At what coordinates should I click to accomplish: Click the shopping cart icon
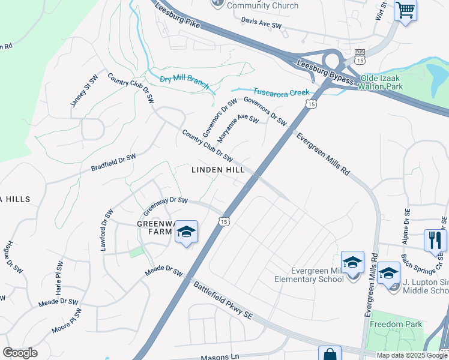click(406, 10)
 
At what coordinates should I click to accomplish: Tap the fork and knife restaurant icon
click(435, 240)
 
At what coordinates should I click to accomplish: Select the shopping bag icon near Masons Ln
click(330, 355)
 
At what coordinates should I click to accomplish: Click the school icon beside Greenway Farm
click(186, 232)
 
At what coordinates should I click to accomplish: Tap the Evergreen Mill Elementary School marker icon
click(352, 262)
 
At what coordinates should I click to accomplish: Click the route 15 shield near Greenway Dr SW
click(223, 221)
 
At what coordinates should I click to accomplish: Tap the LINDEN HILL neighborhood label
click(217, 170)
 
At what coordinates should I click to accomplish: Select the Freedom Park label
click(396, 325)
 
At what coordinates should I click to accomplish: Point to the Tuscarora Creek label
click(280, 92)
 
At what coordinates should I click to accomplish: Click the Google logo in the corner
click(20, 353)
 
